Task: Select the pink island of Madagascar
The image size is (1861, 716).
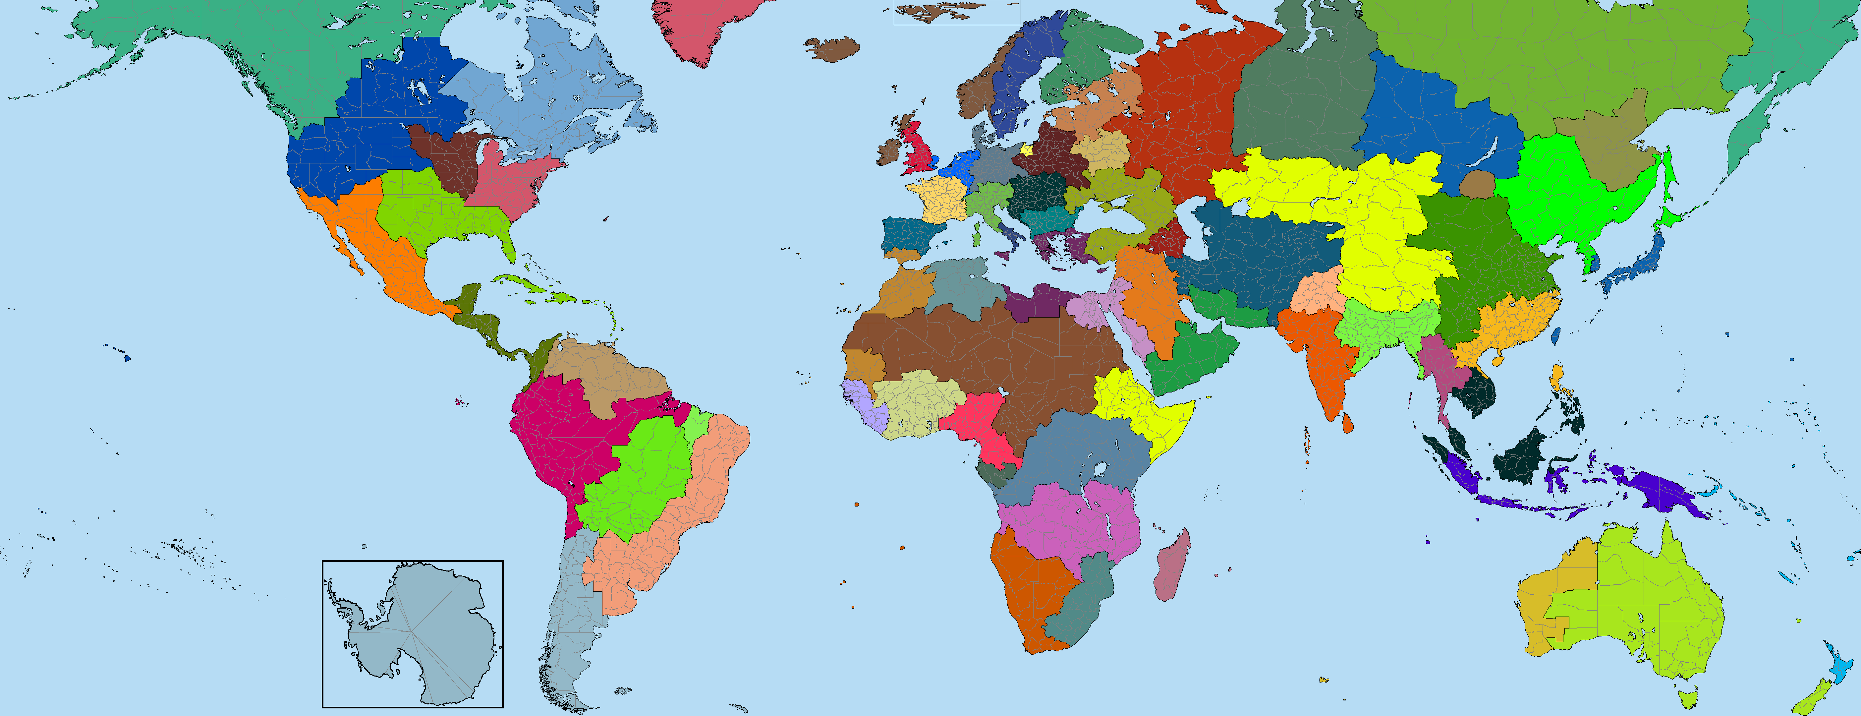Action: (1172, 565)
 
